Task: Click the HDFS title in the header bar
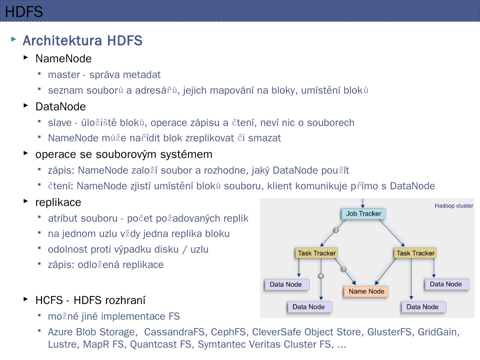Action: point(24,12)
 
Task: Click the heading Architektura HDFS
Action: point(82,41)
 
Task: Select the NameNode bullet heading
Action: point(63,59)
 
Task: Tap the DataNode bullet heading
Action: point(60,107)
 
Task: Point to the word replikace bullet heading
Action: point(58,202)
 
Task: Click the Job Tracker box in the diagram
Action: point(363,214)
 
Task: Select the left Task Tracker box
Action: point(317,253)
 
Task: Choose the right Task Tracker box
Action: point(415,253)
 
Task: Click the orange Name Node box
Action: point(366,291)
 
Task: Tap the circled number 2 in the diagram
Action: point(336,230)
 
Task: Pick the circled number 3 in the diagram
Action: point(343,269)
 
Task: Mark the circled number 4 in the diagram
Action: point(321,276)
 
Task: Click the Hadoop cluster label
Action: point(454,206)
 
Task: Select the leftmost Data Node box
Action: point(286,284)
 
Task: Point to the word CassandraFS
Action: point(174,332)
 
